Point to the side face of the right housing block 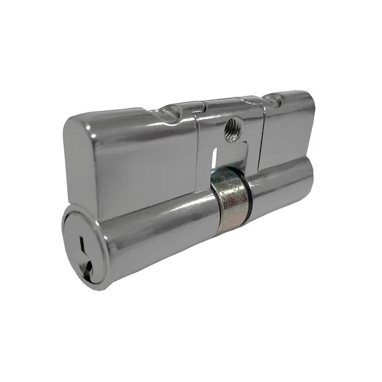click(x=286, y=136)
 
